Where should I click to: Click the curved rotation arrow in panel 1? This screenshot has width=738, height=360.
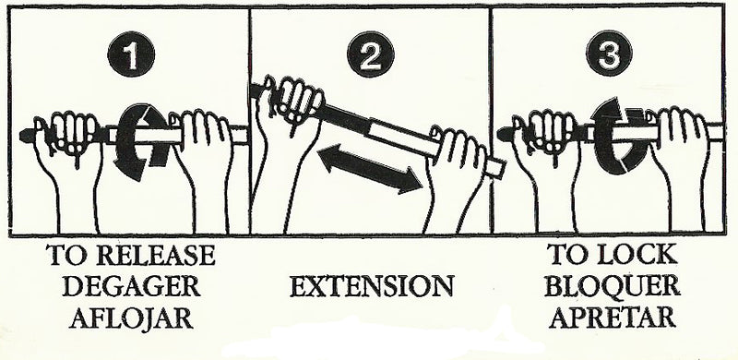[141, 138]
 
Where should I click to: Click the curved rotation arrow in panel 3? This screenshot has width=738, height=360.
[615, 138]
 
